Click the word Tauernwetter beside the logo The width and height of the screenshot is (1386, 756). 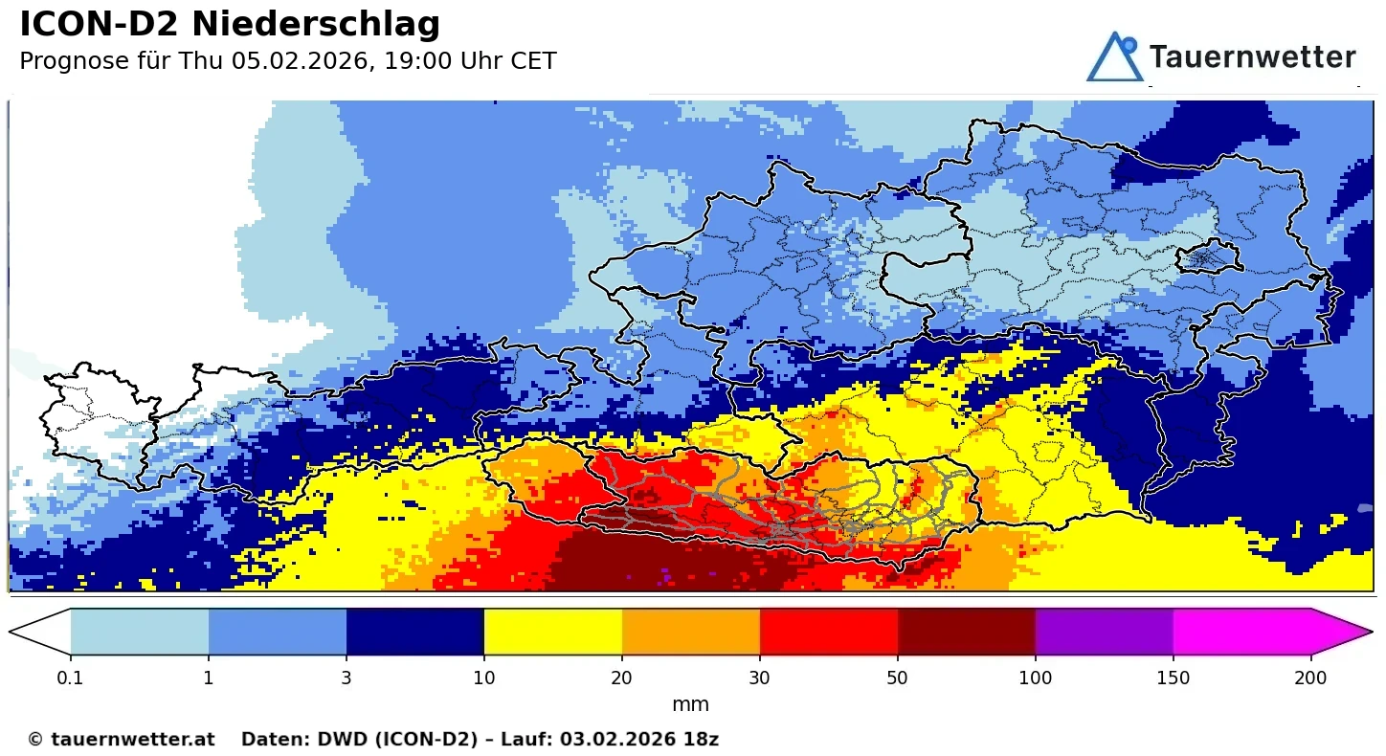click(x=1252, y=57)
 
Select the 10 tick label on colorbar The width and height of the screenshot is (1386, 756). click(x=483, y=678)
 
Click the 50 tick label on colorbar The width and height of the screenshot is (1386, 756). click(x=897, y=678)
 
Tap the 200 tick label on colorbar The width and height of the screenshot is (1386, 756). click(x=1310, y=678)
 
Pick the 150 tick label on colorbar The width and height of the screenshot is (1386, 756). click(x=1173, y=678)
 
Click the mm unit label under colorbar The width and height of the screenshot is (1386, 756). click(x=690, y=705)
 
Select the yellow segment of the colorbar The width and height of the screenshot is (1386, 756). click(x=552, y=632)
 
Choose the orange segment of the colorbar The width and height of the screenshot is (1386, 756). click(x=690, y=632)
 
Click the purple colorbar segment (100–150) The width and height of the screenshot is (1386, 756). click(x=1104, y=632)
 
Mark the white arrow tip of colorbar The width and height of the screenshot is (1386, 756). click(x=38, y=632)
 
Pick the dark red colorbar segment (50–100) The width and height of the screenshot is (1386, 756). click(x=966, y=632)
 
